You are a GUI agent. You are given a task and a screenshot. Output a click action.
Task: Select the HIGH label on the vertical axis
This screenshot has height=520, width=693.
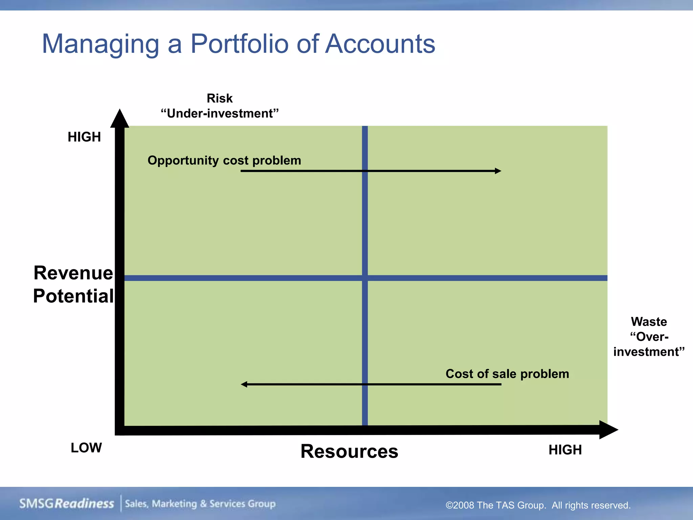(84, 137)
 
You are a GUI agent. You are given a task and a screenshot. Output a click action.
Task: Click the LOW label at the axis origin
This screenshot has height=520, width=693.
(86, 448)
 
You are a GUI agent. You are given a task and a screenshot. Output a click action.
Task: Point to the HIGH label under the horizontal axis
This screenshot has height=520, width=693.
(565, 450)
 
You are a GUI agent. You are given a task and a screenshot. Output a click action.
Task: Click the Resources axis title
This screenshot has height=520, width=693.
(349, 451)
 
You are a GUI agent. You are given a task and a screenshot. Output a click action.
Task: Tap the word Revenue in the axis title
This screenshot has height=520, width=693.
(73, 273)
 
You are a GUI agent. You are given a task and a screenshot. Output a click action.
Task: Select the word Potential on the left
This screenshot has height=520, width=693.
(73, 296)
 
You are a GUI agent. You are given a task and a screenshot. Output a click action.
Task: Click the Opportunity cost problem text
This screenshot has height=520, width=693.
(224, 160)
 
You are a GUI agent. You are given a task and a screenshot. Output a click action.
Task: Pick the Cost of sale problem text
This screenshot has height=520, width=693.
(507, 374)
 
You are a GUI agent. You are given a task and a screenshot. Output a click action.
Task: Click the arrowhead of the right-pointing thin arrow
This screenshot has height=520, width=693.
(498, 171)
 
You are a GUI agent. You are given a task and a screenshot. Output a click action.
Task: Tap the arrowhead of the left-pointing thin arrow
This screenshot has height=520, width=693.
(244, 384)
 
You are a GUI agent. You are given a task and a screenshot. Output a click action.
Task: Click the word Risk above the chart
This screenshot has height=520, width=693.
(220, 99)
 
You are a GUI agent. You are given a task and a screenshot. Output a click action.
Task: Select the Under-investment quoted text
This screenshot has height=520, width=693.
(220, 114)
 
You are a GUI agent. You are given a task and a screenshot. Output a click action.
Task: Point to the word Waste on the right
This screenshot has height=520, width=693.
(649, 322)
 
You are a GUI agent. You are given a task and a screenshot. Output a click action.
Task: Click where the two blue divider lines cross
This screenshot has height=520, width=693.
(365, 278)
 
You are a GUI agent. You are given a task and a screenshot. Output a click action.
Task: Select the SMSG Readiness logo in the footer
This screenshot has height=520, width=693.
(67, 504)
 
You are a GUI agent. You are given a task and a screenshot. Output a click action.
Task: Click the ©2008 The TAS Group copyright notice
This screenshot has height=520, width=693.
(538, 505)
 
